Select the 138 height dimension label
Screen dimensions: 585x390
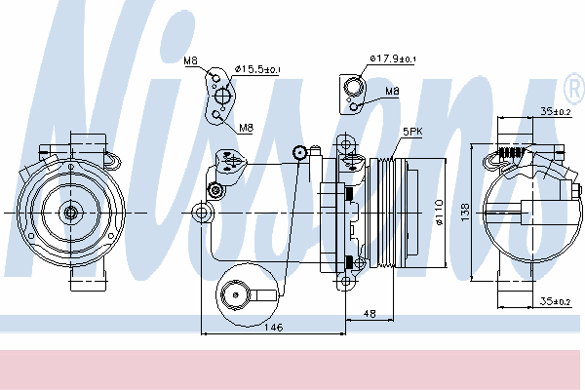tap(465, 212)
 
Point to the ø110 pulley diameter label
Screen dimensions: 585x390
tap(439, 213)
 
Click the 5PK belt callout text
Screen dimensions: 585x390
tap(412, 132)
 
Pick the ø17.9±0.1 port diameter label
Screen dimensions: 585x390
tap(393, 58)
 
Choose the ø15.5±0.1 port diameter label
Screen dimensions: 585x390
tap(257, 69)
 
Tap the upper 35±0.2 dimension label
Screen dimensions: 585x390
tap(556, 111)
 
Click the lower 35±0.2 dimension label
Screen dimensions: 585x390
tap(556, 301)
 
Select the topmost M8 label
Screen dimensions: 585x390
tap(191, 60)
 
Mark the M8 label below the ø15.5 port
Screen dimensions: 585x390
tap(246, 128)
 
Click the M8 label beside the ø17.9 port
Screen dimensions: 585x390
tap(392, 91)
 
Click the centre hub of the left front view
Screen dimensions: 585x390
tap(70, 213)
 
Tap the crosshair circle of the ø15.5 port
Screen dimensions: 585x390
tap(222, 96)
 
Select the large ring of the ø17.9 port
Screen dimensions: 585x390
tap(353, 88)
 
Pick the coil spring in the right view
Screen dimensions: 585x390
tap(512, 152)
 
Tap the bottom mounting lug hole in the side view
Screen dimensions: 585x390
tap(346, 281)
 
